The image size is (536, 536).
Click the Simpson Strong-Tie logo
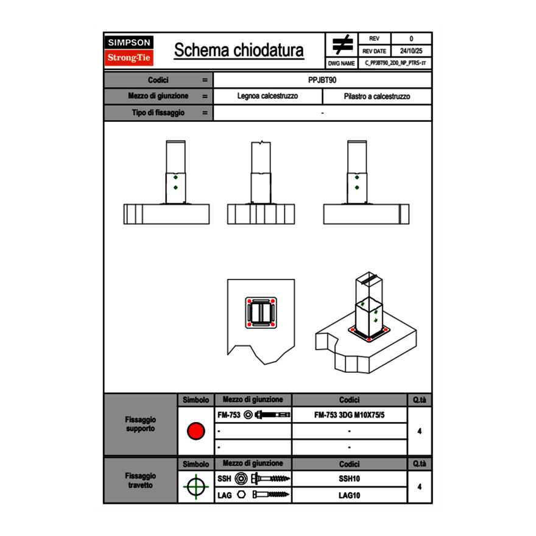click(x=130, y=51)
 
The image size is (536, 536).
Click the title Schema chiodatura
click(x=239, y=51)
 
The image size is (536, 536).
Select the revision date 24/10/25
click(x=411, y=51)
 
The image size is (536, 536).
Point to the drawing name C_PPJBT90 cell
click(x=395, y=63)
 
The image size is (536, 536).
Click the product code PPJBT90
click(x=322, y=80)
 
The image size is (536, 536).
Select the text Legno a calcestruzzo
click(x=267, y=96)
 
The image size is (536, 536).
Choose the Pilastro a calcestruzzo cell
click(x=376, y=96)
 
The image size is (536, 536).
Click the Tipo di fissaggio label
click(x=158, y=113)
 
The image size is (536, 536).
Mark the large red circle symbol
click(x=196, y=431)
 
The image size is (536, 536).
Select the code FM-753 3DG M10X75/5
click(x=349, y=415)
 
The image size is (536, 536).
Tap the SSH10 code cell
click(x=349, y=479)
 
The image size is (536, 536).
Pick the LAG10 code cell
click(x=349, y=495)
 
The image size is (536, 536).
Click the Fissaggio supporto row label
click(x=140, y=424)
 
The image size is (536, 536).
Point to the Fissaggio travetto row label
click(x=140, y=480)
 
